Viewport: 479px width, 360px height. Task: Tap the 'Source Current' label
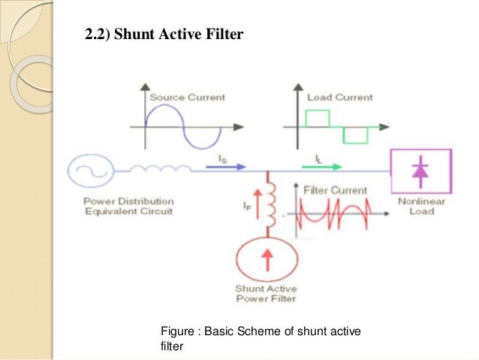click(187, 98)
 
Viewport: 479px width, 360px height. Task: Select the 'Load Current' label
click(339, 98)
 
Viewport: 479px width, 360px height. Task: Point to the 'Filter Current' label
click(335, 190)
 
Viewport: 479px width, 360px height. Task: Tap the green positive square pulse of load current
click(318, 117)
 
